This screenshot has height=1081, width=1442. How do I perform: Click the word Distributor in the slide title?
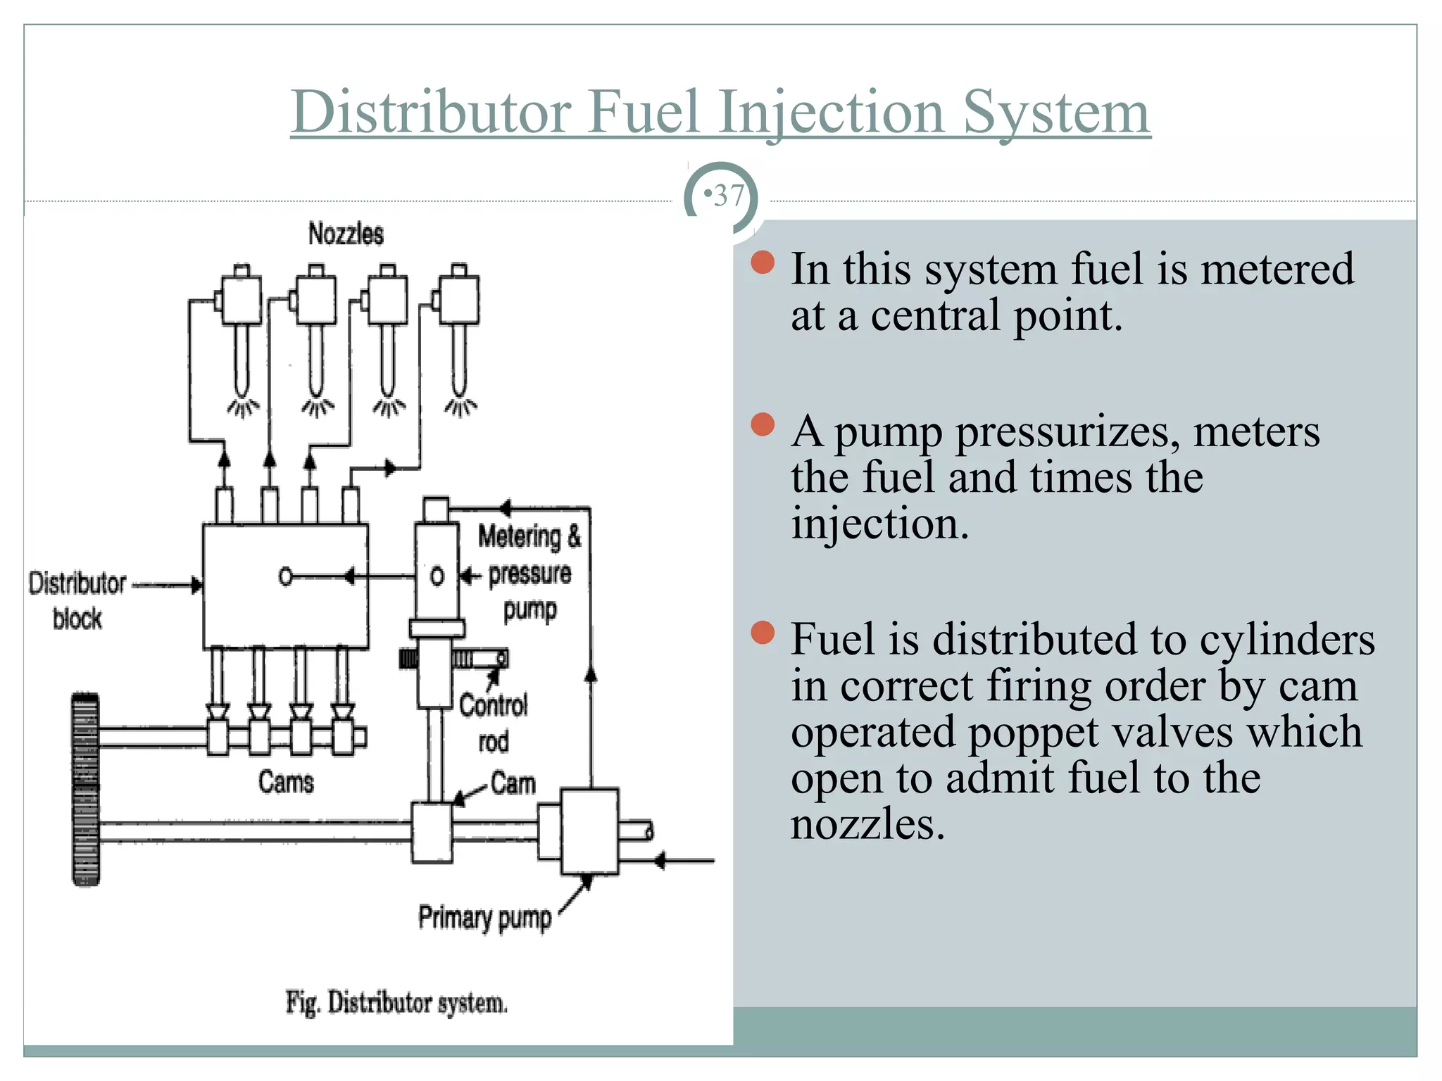[431, 113]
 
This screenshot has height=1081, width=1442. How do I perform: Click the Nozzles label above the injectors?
[346, 234]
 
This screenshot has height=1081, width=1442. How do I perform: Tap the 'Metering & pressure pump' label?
[529, 572]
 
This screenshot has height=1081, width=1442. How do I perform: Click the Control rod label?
[493, 722]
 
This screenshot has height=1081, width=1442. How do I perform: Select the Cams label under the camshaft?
[285, 782]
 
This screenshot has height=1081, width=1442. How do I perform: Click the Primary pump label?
[484, 918]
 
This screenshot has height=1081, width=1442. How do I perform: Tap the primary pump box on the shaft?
[589, 831]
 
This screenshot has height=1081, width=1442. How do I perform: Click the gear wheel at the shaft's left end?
[86, 789]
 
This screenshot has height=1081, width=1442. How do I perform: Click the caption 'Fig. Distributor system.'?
[396, 1002]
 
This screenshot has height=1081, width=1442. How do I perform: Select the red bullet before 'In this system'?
[763, 263]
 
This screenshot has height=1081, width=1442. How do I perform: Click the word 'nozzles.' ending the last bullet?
[867, 824]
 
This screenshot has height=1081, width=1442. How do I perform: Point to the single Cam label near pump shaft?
[513, 783]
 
